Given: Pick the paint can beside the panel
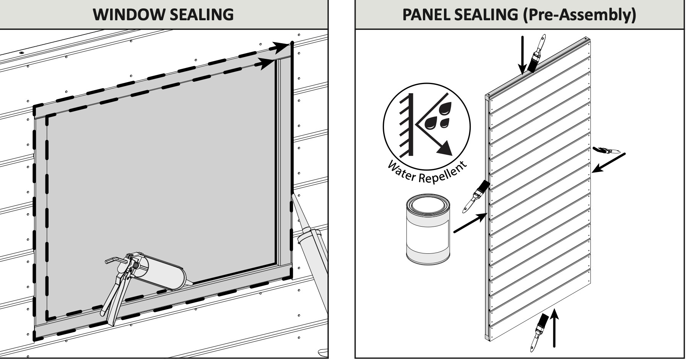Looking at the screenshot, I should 428,229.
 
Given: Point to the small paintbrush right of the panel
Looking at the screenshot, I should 605,150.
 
